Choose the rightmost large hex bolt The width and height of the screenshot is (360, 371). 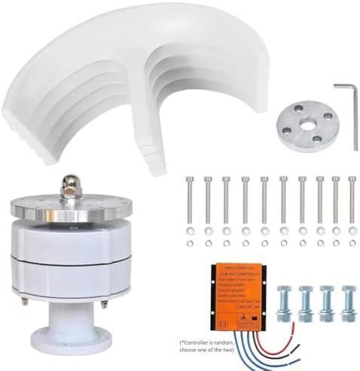tap(349, 303)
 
